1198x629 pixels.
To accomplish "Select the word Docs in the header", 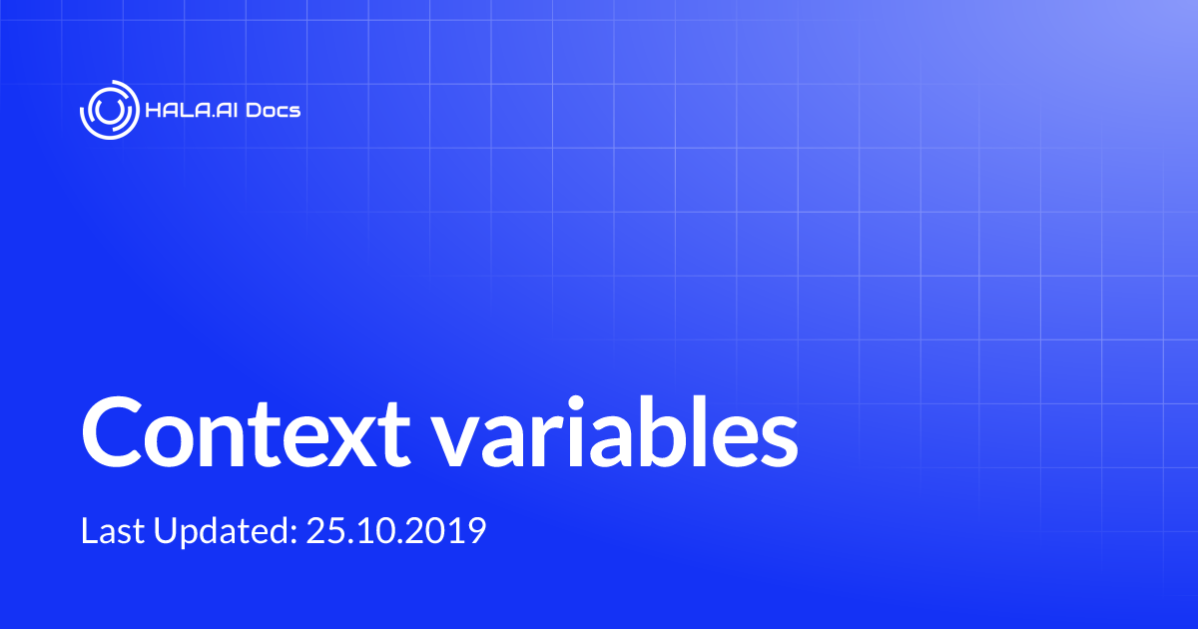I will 275,109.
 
